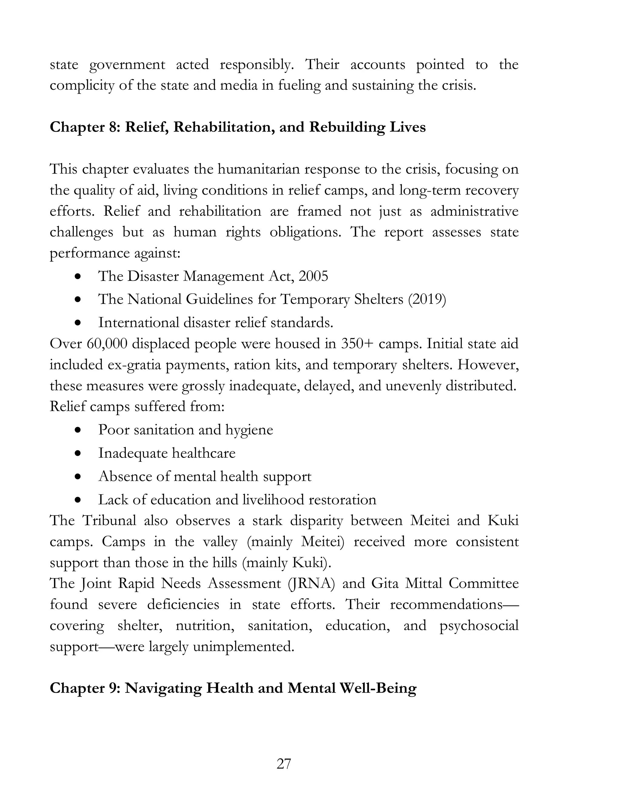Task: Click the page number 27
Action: (x=284, y=764)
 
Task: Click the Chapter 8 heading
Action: (x=238, y=127)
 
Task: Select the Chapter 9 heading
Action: (x=233, y=688)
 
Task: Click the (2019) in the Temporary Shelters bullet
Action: (x=427, y=299)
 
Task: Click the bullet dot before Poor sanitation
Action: (x=78, y=430)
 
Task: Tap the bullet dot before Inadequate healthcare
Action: (x=78, y=453)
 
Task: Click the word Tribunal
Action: (x=109, y=521)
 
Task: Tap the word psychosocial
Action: (x=478, y=625)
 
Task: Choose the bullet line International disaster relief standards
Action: (x=216, y=323)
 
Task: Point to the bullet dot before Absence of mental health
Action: (x=78, y=477)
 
